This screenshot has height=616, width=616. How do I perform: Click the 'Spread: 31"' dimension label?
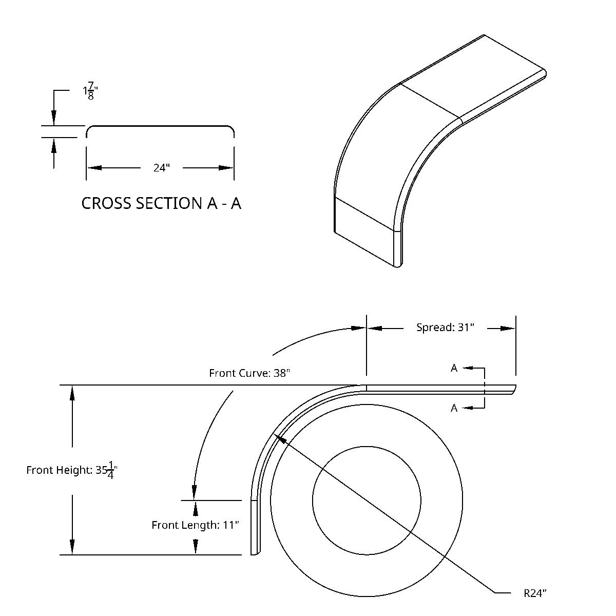[445, 328]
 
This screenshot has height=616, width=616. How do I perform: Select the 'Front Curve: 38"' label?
[249, 373]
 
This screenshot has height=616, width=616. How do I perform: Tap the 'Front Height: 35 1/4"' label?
[72, 470]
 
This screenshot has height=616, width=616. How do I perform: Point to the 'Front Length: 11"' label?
[195, 525]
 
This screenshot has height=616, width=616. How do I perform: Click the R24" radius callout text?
[535, 593]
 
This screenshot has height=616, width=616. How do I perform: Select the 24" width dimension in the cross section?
[161, 168]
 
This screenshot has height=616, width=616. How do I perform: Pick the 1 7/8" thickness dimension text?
[90, 91]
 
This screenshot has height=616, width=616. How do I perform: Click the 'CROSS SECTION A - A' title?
[161, 203]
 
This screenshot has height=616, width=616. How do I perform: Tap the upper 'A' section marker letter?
[454, 368]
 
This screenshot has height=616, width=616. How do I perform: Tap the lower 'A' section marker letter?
[454, 408]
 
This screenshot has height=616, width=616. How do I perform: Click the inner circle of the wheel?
[367, 500]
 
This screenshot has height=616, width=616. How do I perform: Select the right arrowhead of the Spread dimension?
[508, 329]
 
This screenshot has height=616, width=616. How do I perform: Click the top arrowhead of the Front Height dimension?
[72, 393]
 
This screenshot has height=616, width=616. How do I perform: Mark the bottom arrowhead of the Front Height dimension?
[72, 547]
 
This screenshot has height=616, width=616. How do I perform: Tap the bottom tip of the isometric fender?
[398, 266]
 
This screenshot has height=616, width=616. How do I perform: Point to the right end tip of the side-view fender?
[514, 389]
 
